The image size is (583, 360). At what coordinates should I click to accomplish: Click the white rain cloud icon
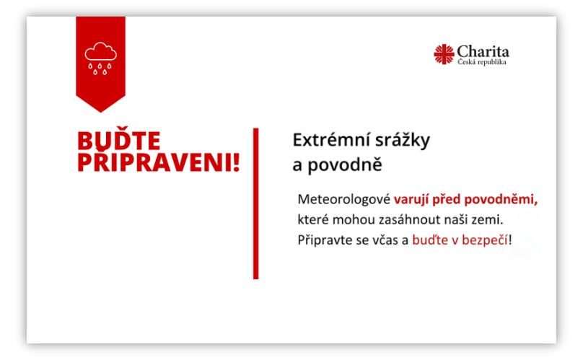click(100, 58)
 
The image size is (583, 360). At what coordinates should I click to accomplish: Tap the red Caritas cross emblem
click(444, 54)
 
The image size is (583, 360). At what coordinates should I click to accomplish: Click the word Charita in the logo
click(483, 51)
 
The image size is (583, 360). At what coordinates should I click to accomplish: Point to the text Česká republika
click(482, 62)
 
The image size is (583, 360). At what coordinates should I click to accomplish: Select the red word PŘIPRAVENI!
click(159, 162)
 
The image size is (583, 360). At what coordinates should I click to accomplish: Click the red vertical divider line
click(256, 203)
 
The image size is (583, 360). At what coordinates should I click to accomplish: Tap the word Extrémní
click(331, 140)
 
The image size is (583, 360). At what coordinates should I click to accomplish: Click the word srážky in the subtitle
click(403, 141)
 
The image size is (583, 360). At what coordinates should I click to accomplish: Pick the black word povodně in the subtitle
click(345, 164)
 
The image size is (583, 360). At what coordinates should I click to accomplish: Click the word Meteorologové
click(344, 199)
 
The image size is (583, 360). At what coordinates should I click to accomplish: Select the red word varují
click(411, 200)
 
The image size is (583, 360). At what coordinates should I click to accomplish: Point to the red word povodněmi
click(501, 200)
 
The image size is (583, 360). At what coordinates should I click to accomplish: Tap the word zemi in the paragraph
click(492, 220)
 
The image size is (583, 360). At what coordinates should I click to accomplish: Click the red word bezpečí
click(485, 240)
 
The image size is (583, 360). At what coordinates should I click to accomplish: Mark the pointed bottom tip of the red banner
click(101, 113)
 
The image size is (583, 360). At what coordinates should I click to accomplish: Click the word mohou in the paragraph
click(354, 219)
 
